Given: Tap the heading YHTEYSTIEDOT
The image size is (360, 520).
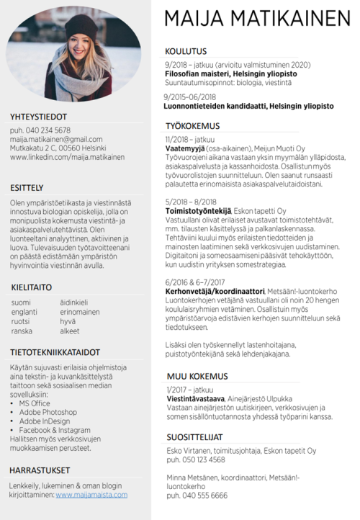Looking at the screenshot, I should tap(38, 117).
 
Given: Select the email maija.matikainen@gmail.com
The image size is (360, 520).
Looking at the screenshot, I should tap(56, 139).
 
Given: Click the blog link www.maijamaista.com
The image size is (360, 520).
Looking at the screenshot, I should tap(91, 495).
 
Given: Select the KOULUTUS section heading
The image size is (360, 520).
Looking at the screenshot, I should tap(186, 51).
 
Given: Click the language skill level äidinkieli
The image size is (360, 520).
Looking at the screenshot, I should tap(73, 302).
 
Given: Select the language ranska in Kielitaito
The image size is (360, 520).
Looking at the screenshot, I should tap(22, 331).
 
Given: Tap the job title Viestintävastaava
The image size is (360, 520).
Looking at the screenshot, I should tap(196, 398).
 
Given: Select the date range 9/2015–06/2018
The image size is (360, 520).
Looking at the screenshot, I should tap(190, 97).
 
